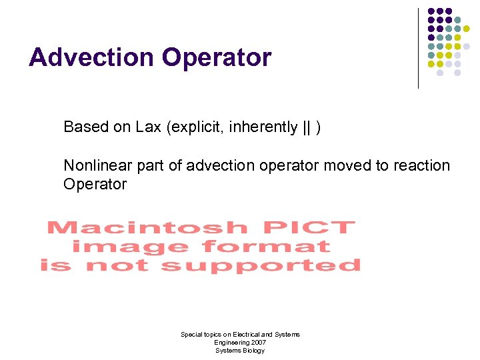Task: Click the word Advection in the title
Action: coord(91,57)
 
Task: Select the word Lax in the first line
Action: coord(149,127)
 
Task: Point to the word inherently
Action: coord(263,127)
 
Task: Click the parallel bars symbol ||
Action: coord(307,127)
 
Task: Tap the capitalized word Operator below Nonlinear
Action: coord(95,184)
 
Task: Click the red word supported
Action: coord(261,265)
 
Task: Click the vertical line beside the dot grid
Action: coord(418,48)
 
